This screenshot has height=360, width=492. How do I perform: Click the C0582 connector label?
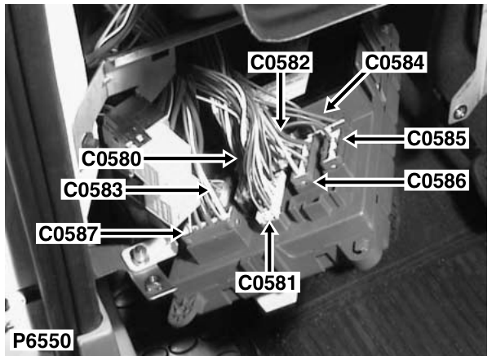tap(280, 62)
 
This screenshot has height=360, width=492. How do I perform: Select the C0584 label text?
tap(394, 62)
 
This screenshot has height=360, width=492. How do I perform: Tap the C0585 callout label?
tap(437, 138)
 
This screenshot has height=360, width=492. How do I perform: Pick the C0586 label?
tap(437, 180)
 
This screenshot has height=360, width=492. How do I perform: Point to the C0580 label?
tap(111, 158)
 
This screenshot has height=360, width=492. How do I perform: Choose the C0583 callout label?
tap(93, 190)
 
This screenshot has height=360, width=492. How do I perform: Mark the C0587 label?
tap(69, 233)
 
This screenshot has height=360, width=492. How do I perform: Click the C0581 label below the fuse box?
tap(267, 282)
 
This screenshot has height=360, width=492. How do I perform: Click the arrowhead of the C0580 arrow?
tap(230, 158)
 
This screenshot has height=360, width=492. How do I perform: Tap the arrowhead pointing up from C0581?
tap(269, 228)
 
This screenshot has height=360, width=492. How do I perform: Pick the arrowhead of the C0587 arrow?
tap(177, 233)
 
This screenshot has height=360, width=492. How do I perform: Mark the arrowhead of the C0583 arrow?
tap(204, 190)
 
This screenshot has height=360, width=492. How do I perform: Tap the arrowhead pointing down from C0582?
tap(281, 124)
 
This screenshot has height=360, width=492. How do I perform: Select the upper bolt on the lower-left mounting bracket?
tap(139, 253)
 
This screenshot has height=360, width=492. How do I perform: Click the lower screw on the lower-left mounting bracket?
tap(153, 281)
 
